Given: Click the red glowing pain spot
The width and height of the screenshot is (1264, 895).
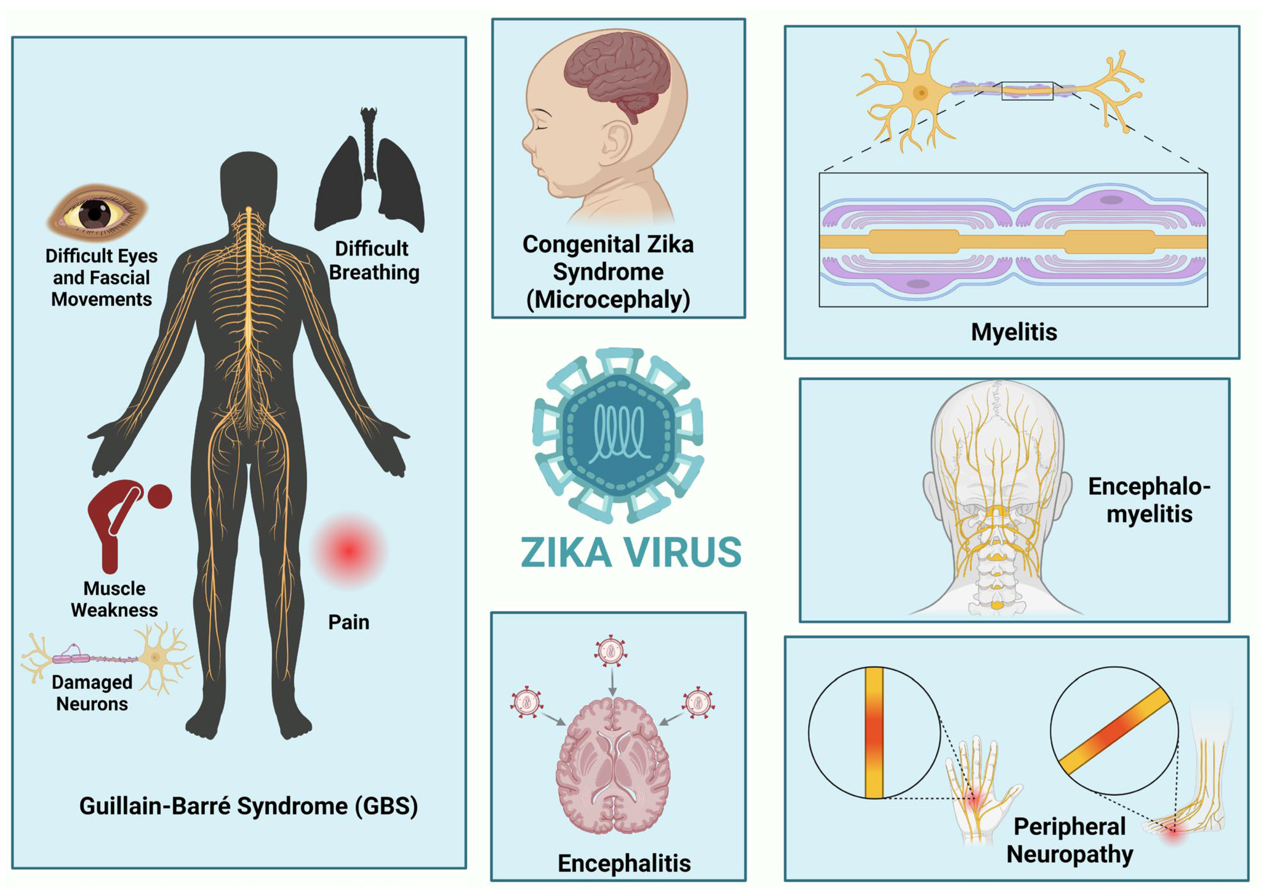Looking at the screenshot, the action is [x=348, y=549].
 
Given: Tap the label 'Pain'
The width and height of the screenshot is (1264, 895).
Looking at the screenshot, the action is [x=348, y=622].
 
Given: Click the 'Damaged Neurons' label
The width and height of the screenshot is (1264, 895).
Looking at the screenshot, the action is [x=92, y=693].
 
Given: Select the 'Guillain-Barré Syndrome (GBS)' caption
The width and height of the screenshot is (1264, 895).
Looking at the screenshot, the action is [x=249, y=806].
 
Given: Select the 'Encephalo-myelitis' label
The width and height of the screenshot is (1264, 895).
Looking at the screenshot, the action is [x=1149, y=500].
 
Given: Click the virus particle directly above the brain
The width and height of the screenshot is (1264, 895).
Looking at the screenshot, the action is [x=611, y=652].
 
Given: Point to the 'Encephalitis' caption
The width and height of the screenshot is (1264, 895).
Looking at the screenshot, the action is [x=624, y=863].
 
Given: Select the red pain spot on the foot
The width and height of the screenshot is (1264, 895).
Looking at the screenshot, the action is [x=1173, y=835].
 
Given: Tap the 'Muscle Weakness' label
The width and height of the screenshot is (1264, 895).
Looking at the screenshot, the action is [x=114, y=599].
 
